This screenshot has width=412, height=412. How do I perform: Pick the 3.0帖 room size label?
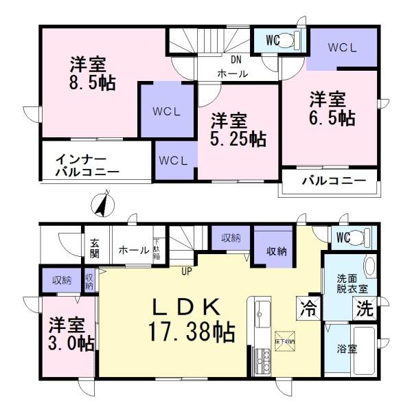[67, 333]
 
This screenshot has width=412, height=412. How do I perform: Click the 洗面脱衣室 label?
[350, 284]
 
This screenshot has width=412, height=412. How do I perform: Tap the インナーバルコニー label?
[87, 165]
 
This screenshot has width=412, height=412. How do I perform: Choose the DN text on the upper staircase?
[236, 59]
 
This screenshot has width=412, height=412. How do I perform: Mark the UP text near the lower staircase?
[186, 271]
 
